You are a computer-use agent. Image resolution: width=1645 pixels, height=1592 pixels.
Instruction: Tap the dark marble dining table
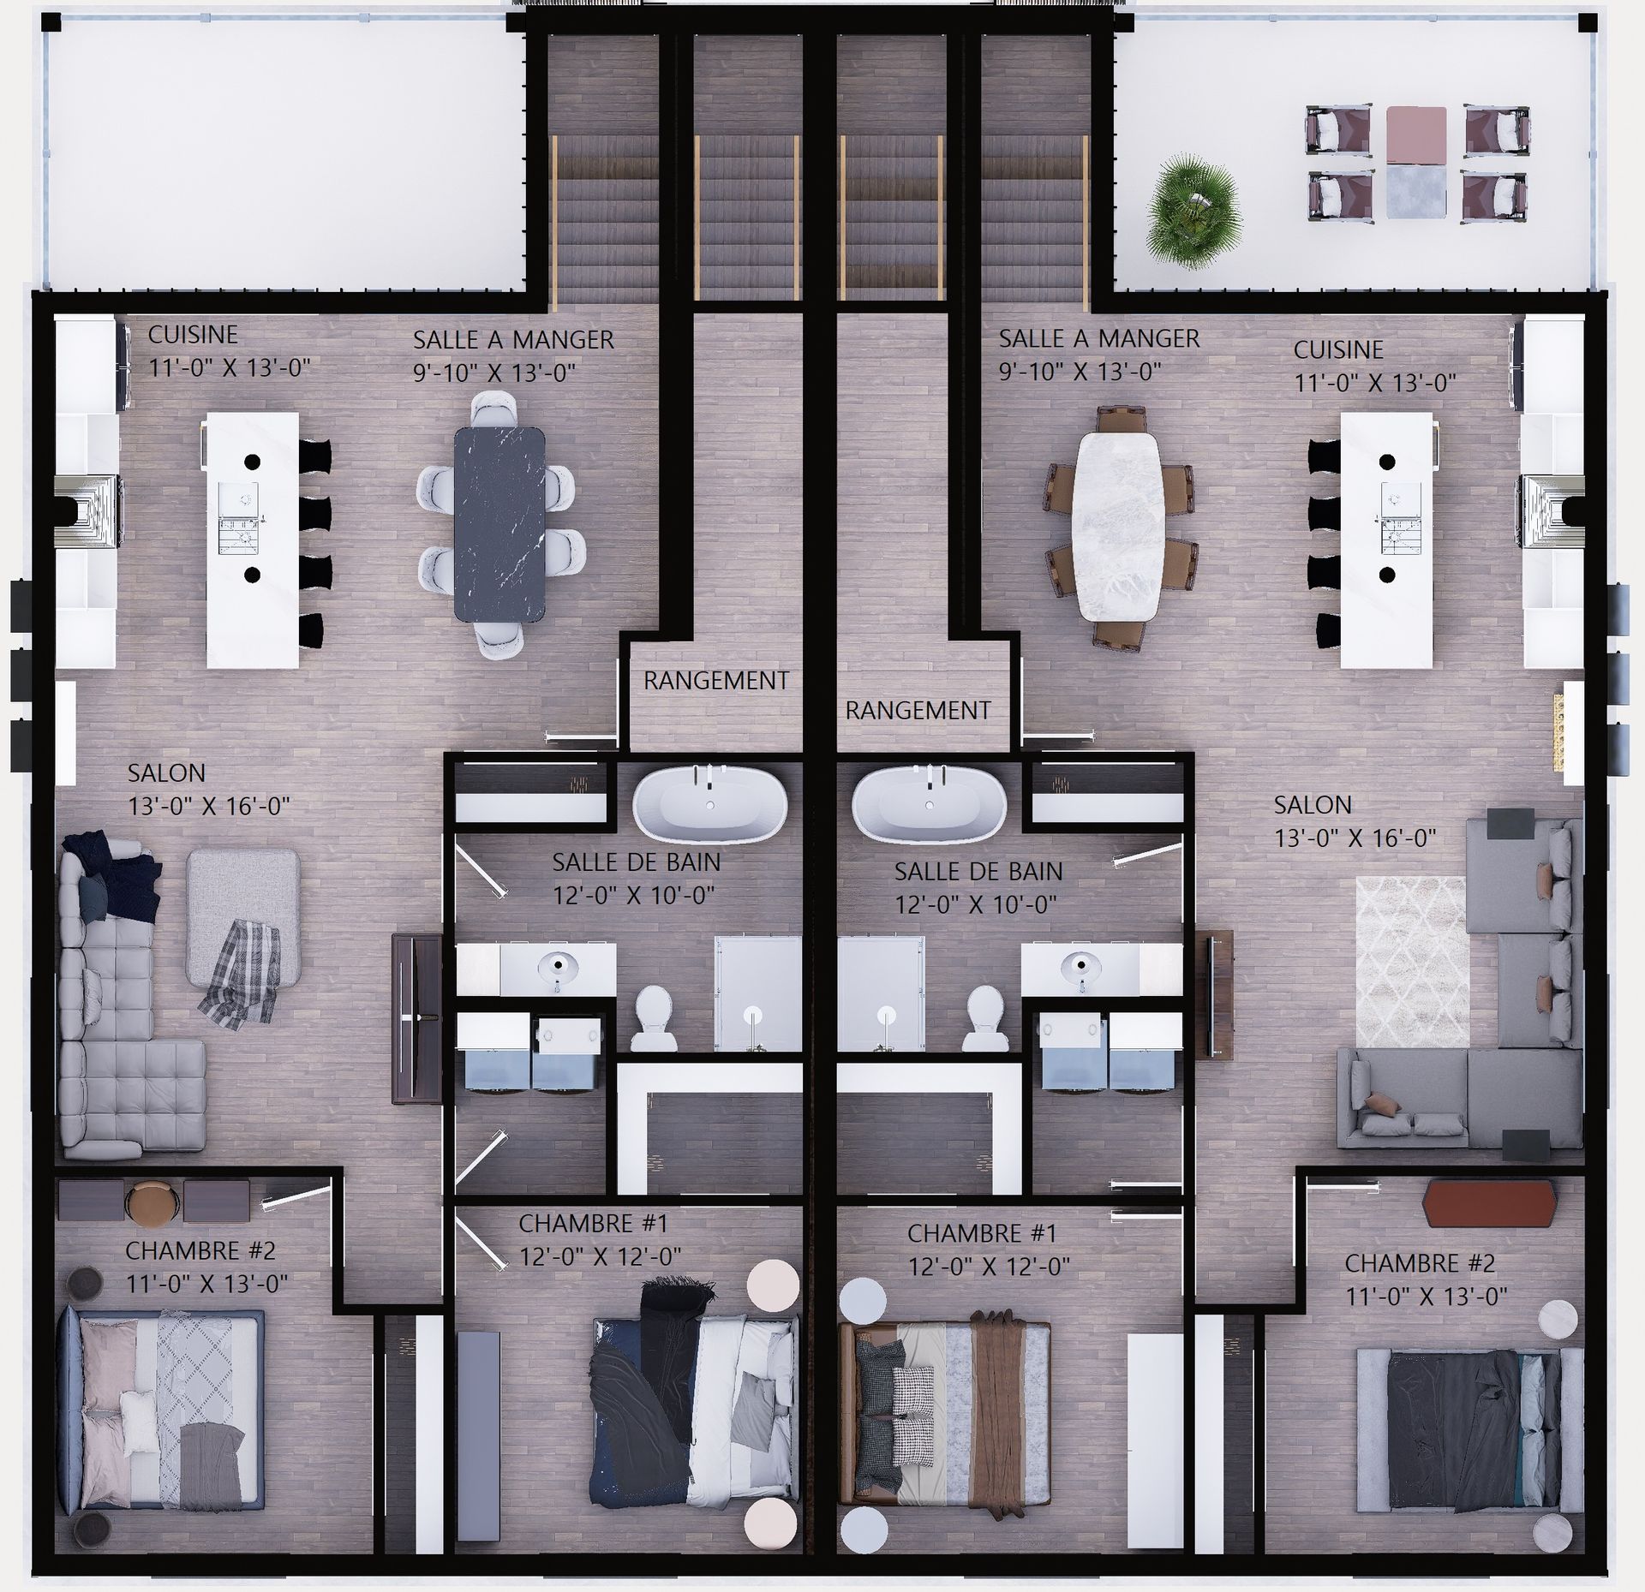tap(499, 523)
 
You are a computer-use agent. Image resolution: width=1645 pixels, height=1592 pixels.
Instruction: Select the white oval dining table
tap(1120, 525)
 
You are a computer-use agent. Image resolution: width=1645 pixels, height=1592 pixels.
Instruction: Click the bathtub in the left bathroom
tap(710, 801)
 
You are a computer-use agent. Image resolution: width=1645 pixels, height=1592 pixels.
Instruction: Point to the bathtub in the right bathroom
tap(929, 802)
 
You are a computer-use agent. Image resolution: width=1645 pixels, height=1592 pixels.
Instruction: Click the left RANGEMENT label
tap(716, 681)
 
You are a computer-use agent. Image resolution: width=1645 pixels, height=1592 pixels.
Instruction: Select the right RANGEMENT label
tap(918, 710)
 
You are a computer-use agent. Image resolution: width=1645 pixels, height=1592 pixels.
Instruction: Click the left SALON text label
tap(166, 772)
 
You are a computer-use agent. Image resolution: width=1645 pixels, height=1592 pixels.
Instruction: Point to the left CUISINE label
tap(193, 334)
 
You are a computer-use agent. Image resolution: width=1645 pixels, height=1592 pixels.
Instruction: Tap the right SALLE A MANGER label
tap(1099, 338)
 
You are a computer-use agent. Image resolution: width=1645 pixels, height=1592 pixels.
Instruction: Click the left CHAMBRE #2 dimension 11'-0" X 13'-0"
tap(206, 1284)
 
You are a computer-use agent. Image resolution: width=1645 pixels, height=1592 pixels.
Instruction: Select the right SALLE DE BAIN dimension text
tap(976, 904)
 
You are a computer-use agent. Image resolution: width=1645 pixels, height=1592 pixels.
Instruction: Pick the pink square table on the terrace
tap(1416, 135)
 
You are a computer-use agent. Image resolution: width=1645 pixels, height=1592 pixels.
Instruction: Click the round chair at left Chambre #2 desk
tap(153, 1202)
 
